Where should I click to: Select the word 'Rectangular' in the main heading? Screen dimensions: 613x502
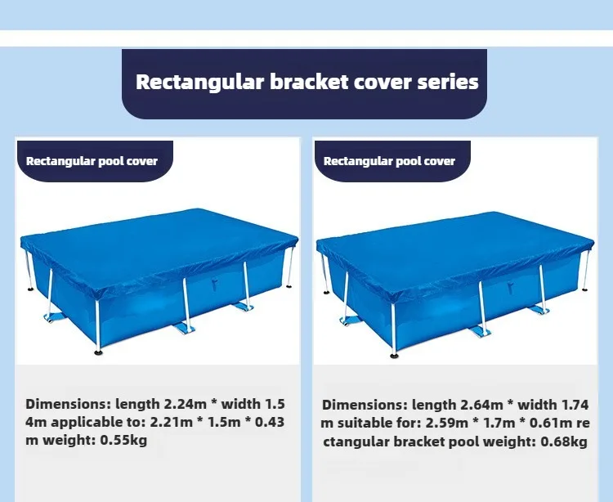(199, 83)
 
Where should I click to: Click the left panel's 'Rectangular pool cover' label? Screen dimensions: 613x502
(92, 161)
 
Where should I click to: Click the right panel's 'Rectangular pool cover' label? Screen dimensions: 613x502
(389, 161)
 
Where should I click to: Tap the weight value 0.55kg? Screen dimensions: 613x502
(123, 440)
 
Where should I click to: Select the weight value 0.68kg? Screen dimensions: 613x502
(564, 441)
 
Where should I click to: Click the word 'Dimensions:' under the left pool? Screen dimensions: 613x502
(69, 404)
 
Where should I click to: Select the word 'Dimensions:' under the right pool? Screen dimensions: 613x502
(365, 405)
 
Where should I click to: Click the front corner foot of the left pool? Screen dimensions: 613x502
(98, 352)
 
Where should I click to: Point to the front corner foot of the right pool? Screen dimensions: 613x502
(394, 356)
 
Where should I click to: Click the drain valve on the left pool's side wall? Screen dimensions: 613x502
(214, 284)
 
